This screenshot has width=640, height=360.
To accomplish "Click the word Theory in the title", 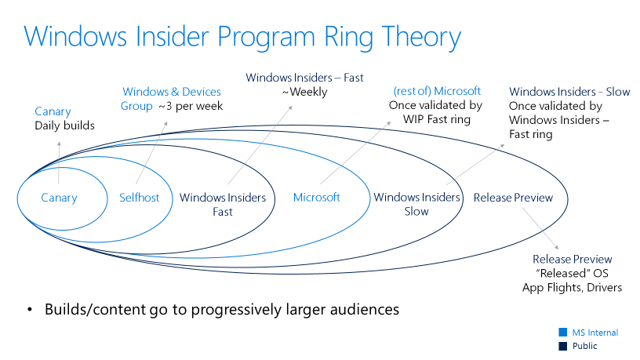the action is (x=421, y=38).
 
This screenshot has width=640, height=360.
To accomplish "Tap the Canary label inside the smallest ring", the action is (x=59, y=198).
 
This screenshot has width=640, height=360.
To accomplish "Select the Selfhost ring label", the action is (x=139, y=198).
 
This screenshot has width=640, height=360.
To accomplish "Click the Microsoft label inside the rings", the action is (x=317, y=198).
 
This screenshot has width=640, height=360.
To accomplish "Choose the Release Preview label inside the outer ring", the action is (x=513, y=198).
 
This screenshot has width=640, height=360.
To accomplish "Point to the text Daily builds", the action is (x=64, y=125).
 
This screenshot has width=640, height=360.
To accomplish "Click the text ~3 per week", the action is (x=191, y=106).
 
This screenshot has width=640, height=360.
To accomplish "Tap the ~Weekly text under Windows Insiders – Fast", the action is (x=304, y=93).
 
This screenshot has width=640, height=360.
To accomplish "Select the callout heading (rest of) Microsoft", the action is (x=437, y=91).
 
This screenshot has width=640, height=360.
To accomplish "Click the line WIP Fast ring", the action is (x=437, y=119).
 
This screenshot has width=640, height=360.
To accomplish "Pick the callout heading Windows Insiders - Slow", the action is (x=569, y=92).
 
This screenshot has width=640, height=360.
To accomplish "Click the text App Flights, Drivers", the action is (x=572, y=287).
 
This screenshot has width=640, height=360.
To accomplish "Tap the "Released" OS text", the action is (x=572, y=273).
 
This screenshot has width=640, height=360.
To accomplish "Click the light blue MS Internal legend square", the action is (x=563, y=332).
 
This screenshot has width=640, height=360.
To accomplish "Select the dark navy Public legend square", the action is (x=563, y=346).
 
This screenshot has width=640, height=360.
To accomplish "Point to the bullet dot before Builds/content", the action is (x=29, y=311).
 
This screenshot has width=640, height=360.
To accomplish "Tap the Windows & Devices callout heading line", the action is (x=172, y=92).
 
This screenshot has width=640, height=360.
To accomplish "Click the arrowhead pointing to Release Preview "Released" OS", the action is (x=556, y=247).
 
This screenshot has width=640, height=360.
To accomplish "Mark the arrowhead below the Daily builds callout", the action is (x=59, y=144).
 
